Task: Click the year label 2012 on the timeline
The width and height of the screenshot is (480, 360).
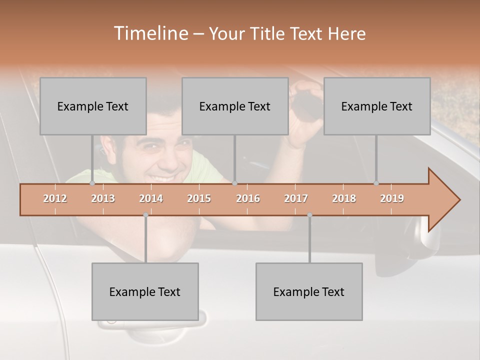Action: pos(55,198)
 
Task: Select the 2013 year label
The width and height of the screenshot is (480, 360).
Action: pos(103,198)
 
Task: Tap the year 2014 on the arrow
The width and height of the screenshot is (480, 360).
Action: pos(151,198)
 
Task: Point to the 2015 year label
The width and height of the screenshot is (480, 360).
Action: pos(199,198)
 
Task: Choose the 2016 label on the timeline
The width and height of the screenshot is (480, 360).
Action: pos(248,198)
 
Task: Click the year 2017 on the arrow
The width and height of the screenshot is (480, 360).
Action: pos(296,198)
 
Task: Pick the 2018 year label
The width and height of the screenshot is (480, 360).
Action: pos(344,198)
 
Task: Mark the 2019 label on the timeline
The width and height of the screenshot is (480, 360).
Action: pos(392,198)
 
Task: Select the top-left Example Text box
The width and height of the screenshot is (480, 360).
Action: pos(93,106)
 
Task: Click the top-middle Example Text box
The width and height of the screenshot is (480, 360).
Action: pos(235,106)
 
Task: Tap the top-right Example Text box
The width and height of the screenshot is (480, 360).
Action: pos(377,106)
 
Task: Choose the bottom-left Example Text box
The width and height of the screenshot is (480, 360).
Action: pos(145,291)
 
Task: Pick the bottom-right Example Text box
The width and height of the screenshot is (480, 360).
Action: pos(309,291)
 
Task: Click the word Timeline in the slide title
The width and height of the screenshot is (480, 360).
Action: pos(150,33)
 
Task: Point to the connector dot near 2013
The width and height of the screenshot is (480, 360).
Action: pos(92,183)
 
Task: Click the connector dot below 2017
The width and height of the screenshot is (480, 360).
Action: pos(309,215)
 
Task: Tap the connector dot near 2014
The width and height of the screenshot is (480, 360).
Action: pos(145,215)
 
